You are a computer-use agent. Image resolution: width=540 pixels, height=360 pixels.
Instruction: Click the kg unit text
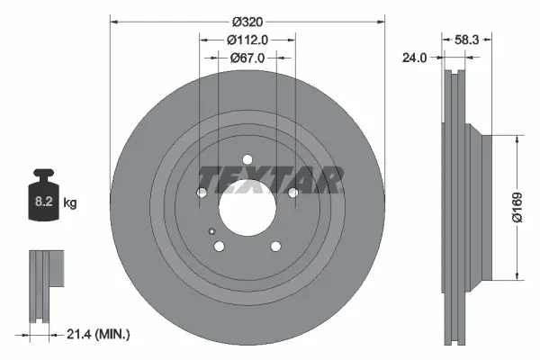(70, 204)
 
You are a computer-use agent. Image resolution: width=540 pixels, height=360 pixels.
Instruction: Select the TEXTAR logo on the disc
(270, 180)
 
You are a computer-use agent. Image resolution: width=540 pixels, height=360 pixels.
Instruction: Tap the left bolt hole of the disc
(202, 193)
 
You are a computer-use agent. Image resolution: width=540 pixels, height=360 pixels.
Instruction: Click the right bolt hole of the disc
(292, 193)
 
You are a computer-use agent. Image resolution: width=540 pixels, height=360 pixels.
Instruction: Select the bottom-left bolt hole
(219, 246)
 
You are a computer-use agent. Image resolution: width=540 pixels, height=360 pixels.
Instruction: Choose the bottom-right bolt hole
(274, 246)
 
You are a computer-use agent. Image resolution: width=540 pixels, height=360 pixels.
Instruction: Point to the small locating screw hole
(211, 231)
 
